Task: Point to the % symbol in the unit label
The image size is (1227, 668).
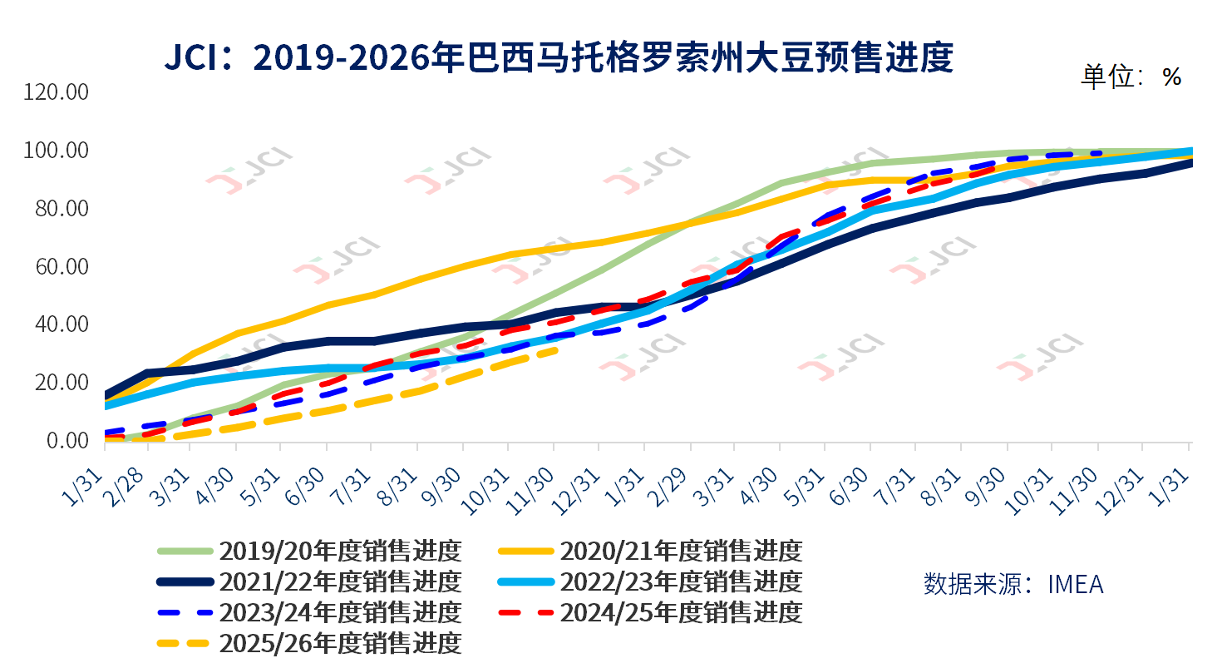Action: [1172, 77]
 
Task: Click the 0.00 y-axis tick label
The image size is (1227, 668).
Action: [66, 440]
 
